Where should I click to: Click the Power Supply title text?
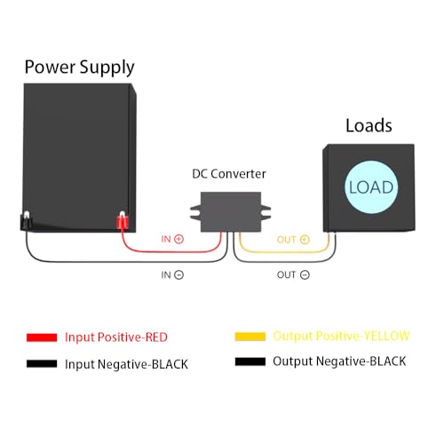(79, 67)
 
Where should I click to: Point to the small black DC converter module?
(225, 209)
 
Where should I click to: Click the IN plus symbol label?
(172, 239)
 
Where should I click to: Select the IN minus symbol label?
(172, 275)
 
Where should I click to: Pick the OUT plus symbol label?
(292, 239)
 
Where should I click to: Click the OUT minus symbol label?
(292, 275)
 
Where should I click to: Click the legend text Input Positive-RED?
(115, 337)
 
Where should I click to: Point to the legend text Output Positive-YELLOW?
(341, 336)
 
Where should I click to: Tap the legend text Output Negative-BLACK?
(339, 361)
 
